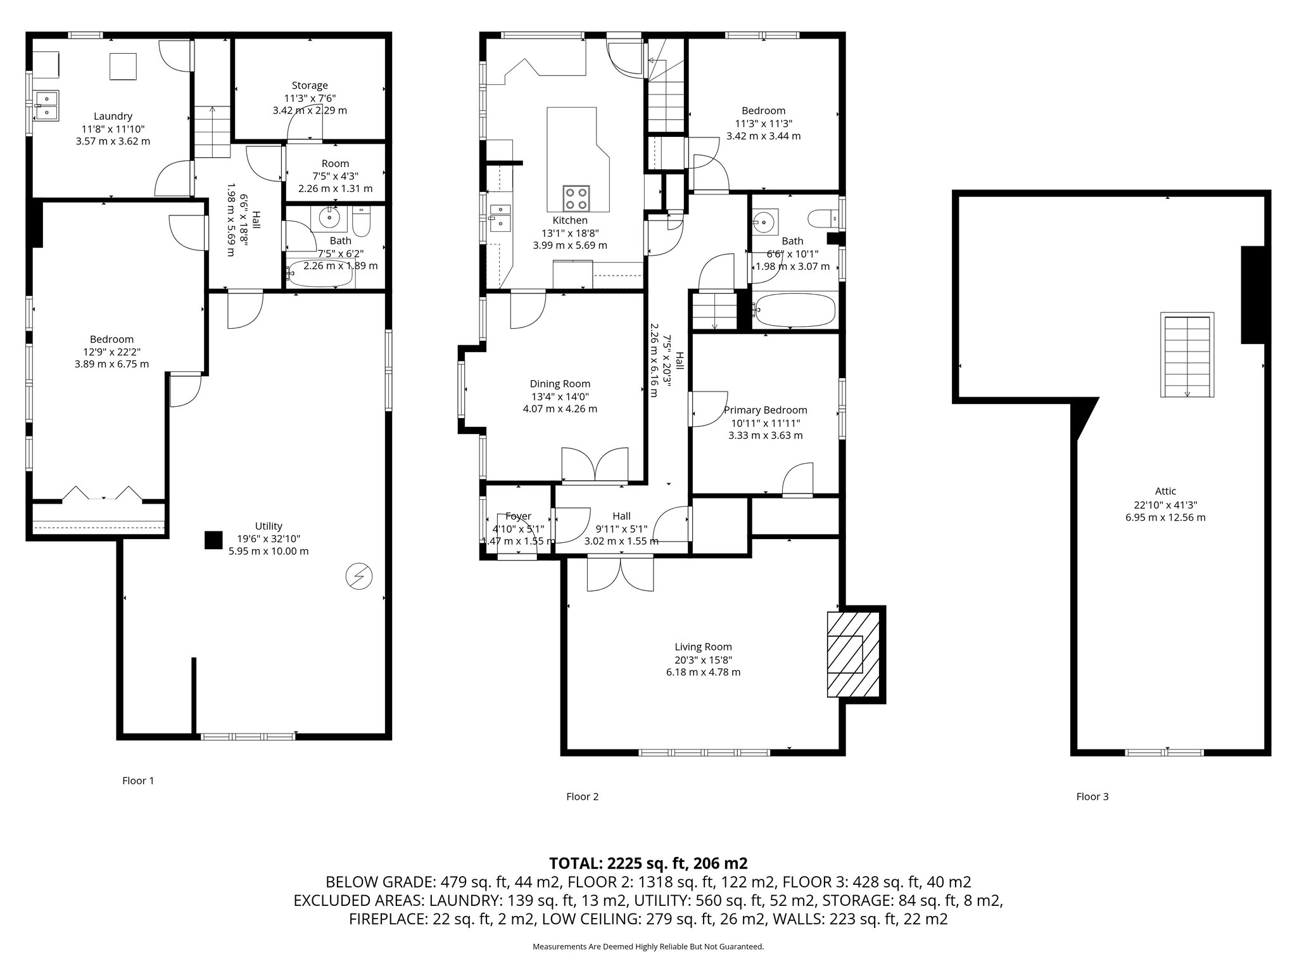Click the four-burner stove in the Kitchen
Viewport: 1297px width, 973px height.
[x=576, y=198]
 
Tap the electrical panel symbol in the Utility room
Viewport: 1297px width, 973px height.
[x=359, y=576]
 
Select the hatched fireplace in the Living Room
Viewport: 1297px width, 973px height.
[x=845, y=654]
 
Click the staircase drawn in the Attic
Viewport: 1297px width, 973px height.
[x=1187, y=355]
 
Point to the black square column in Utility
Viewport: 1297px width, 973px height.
[x=213, y=540]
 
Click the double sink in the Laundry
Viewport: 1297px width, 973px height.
[x=47, y=105]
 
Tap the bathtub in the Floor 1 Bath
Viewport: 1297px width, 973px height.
[x=319, y=274]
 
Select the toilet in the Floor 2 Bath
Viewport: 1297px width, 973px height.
[x=823, y=219]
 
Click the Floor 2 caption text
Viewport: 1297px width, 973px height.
[x=582, y=797]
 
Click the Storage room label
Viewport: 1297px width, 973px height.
[x=310, y=86]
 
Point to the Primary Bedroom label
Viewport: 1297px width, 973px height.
[x=765, y=410]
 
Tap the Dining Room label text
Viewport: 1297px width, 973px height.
[x=560, y=384]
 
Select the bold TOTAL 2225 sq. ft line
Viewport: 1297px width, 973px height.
[x=648, y=863]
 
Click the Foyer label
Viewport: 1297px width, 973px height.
[x=518, y=516]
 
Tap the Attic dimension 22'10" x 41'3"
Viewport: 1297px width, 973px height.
[x=1165, y=505]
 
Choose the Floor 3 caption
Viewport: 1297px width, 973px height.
[x=1092, y=797]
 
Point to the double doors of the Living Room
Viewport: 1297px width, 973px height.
[x=621, y=574]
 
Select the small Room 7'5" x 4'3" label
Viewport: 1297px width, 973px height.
[x=335, y=163]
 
